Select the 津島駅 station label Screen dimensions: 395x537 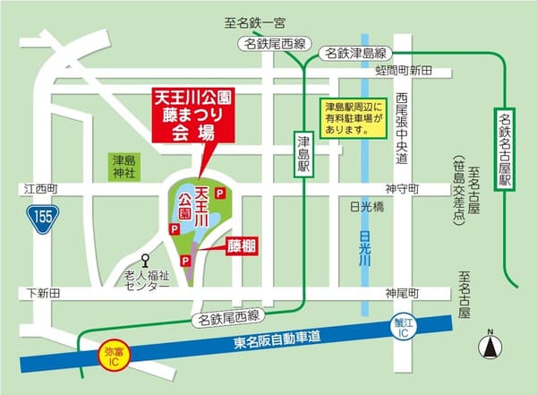coord(303,152)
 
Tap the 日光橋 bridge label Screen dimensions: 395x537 coord(367,206)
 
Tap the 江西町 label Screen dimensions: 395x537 coord(41,189)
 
